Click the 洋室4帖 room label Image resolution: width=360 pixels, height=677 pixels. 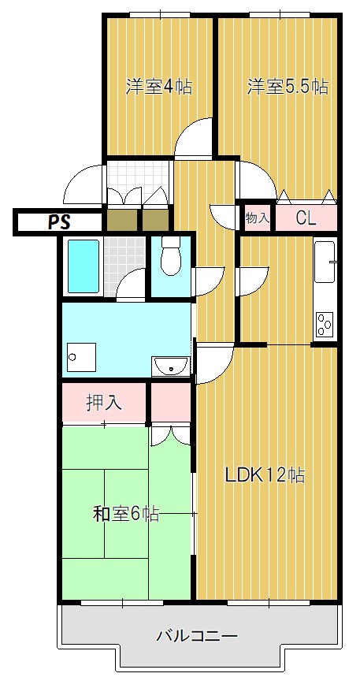[159, 87]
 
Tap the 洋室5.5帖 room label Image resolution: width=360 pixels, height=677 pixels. [287, 87]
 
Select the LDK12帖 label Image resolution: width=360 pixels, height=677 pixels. [265, 475]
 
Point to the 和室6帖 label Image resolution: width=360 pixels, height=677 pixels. [126, 515]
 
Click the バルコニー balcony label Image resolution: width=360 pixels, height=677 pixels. [197, 635]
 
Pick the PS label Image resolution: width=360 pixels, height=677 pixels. [58, 222]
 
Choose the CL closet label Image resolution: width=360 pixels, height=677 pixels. [306, 218]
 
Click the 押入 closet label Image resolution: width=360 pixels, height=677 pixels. [104, 403]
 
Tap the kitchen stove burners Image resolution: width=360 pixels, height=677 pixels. [325, 323]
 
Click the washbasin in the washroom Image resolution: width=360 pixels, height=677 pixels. [171, 366]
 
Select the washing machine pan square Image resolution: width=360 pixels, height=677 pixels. [81, 358]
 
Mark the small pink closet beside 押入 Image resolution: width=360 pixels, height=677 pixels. [171, 403]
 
